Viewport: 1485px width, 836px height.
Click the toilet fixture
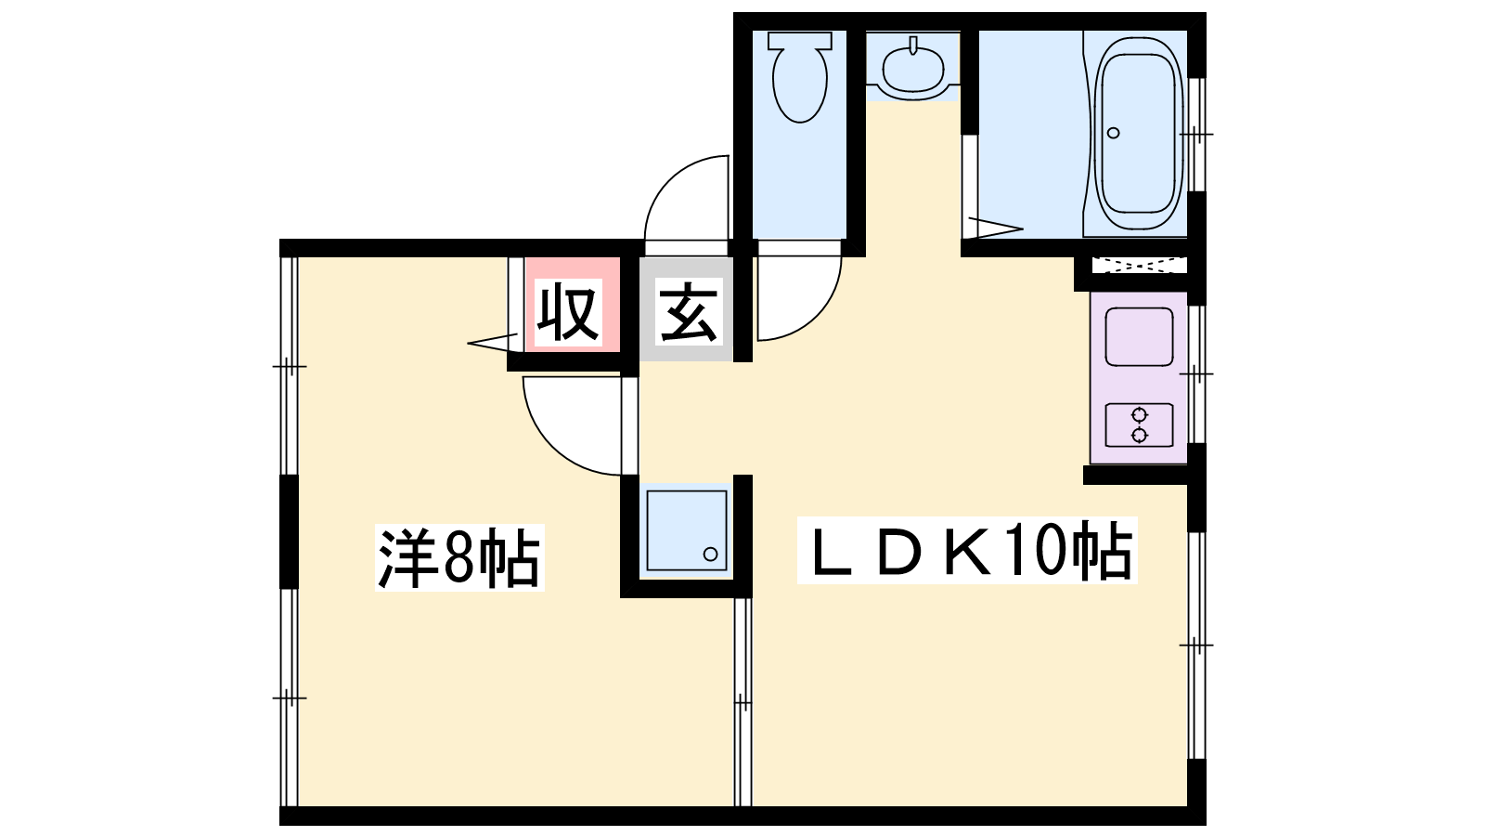point(799,77)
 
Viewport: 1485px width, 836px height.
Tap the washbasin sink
point(913,67)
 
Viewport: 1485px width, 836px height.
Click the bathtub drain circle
point(1113,133)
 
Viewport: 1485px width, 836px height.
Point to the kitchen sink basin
point(1139,336)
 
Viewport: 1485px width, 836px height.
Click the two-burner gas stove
point(1139,425)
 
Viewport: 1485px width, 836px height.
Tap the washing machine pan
point(687,530)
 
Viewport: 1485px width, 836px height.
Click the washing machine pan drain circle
point(710,554)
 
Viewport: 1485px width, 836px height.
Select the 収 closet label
point(568,312)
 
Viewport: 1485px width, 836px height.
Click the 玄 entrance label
point(688,312)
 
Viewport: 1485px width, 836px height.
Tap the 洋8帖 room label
point(459,557)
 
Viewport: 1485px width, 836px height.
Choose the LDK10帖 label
point(967,551)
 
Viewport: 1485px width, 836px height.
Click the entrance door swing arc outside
point(687,198)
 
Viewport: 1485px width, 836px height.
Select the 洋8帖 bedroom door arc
point(572,426)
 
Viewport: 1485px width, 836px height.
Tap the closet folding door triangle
point(493,343)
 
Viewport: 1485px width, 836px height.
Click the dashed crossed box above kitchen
point(1139,265)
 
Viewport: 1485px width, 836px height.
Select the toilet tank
point(799,40)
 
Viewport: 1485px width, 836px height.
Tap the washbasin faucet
point(913,46)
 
